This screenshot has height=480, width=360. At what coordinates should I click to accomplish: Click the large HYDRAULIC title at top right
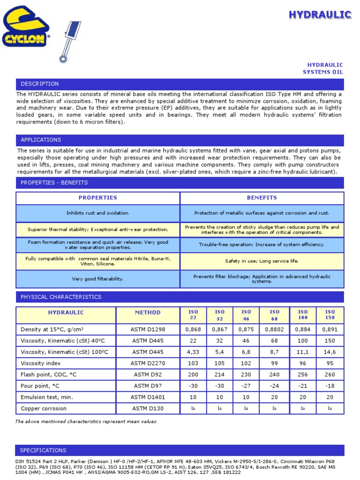point(320,15)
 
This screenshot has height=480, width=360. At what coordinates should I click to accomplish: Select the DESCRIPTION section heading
point(40,84)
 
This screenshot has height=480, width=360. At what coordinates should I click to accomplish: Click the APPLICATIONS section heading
point(41,140)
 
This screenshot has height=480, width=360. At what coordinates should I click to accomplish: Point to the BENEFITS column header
point(262,198)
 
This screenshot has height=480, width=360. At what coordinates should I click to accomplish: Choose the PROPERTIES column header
point(97,198)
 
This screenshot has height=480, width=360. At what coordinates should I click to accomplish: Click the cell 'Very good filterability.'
point(97,279)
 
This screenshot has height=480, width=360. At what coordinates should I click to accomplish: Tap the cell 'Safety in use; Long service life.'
point(262,261)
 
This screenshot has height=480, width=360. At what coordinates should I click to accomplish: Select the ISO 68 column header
point(275,315)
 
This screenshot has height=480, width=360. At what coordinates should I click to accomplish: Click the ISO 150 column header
point(330,315)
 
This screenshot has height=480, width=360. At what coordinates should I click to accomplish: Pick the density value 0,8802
point(275,330)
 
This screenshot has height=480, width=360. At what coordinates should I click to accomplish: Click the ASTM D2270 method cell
point(148,363)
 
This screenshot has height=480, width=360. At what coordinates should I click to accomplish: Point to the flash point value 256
point(303,375)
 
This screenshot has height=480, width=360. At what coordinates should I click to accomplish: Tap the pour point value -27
point(246,386)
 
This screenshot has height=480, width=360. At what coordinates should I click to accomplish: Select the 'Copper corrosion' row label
point(44,408)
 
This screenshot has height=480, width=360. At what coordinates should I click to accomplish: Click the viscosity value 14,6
point(330,352)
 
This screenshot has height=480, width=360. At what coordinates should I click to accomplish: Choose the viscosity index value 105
point(219,363)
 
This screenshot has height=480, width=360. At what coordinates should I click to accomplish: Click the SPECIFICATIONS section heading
point(43,450)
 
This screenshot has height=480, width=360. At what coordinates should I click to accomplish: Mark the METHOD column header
point(148,312)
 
